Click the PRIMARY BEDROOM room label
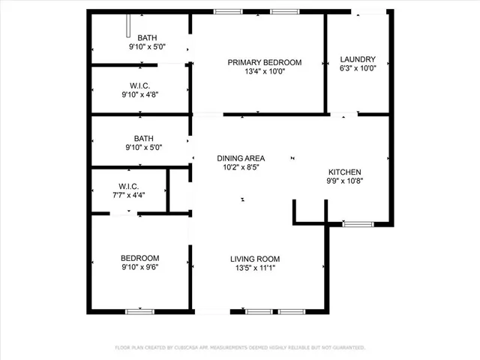(x=265, y=62)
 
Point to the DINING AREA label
(x=241, y=158)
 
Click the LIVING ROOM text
(x=255, y=259)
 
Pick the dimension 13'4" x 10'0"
(x=265, y=72)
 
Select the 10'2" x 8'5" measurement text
(x=241, y=168)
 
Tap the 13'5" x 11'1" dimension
(x=255, y=268)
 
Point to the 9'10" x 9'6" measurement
(x=140, y=265)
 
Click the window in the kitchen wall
(x=357, y=223)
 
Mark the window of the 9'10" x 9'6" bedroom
(x=139, y=311)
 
